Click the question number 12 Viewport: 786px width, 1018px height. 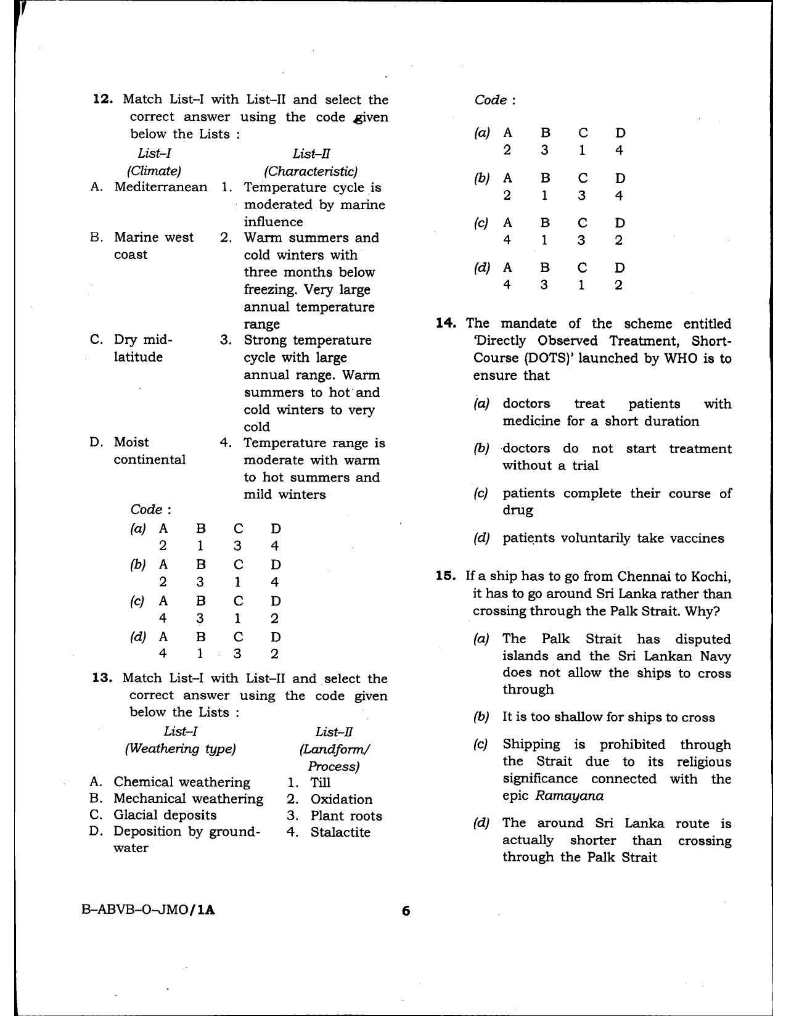click(102, 99)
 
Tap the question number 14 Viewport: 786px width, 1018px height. click(445, 323)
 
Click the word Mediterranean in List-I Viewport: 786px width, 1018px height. click(160, 187)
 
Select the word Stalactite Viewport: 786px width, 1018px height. click(340, 832)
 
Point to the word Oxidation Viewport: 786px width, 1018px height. click(341, 799)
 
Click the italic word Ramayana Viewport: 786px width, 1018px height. click(569, 795)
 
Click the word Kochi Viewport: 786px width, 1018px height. click(713, 577)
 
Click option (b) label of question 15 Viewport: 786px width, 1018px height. click(481, 717)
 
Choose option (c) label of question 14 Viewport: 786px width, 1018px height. click(481, 493)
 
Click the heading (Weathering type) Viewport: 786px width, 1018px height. click(180, 749)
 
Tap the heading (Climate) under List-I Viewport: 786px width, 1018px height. click(154, 171)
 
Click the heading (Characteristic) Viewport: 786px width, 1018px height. click(311, 171)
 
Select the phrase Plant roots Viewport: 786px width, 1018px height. click(346, 816)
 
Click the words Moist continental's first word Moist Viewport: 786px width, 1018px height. click(131, 442)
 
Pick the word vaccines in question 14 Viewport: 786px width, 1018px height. click(697, 538)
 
